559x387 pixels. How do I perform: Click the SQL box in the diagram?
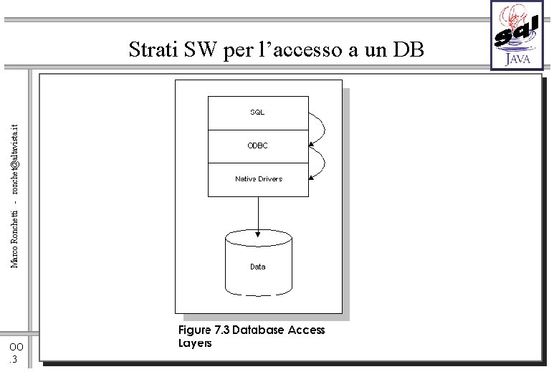pos(258,113)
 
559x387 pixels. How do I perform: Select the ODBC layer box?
pos(258,145)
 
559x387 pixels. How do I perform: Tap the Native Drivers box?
pos(258,178)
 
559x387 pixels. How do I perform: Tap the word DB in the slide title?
pos(409,50)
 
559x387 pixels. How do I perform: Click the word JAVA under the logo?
pos(518,59)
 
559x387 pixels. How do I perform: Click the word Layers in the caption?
pos(195,343)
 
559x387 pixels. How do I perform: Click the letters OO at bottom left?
pos(16,348)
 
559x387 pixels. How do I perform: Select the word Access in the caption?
pos(306,330)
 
